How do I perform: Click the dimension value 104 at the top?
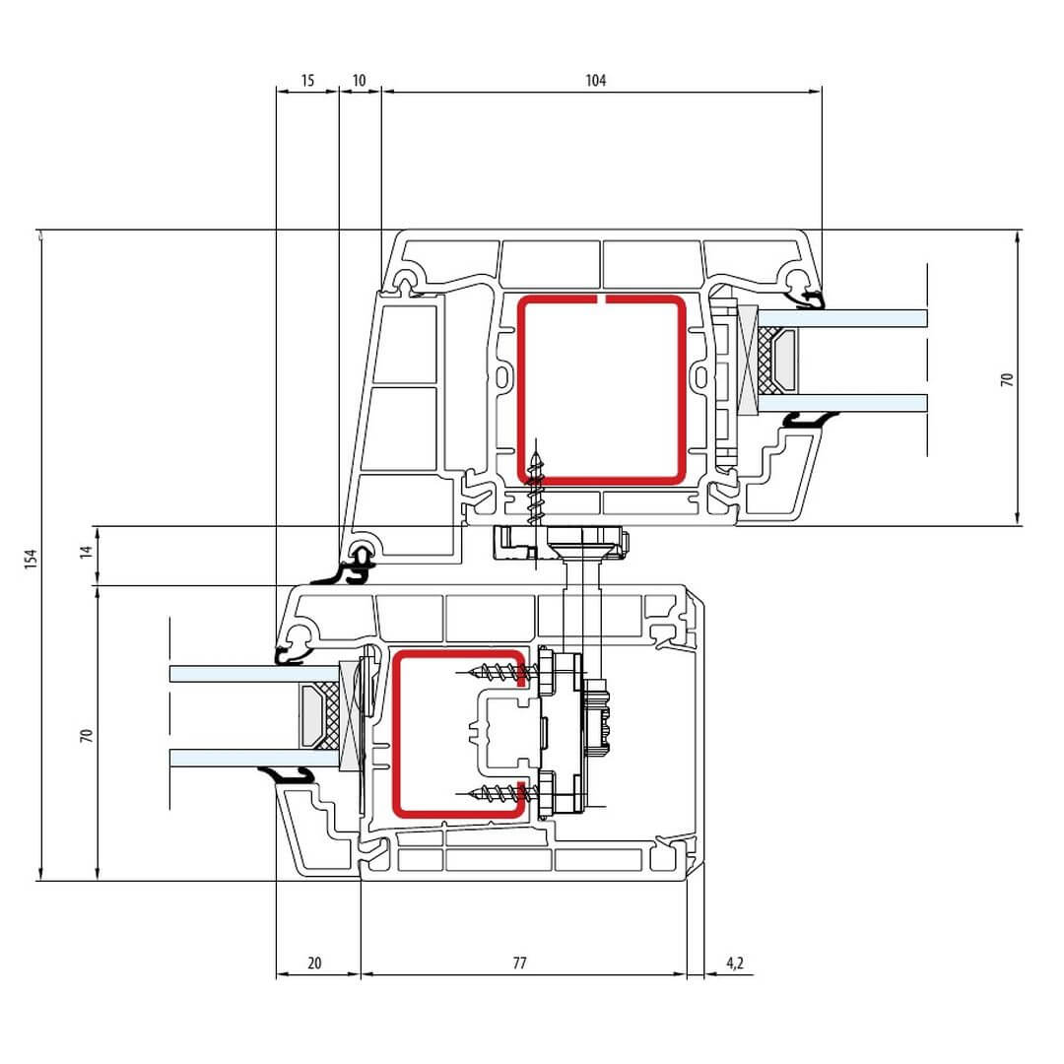[595, 80]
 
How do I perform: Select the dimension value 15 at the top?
[307, 80]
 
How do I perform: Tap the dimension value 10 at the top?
[359, 80]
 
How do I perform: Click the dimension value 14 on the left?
[86, 552]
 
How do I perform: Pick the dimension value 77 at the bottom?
[519, 963]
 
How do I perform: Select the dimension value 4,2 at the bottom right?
[735, 963]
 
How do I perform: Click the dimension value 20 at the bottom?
[314, 963]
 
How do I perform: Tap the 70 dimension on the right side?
[1006, 379]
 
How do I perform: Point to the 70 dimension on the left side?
[86, 735]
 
